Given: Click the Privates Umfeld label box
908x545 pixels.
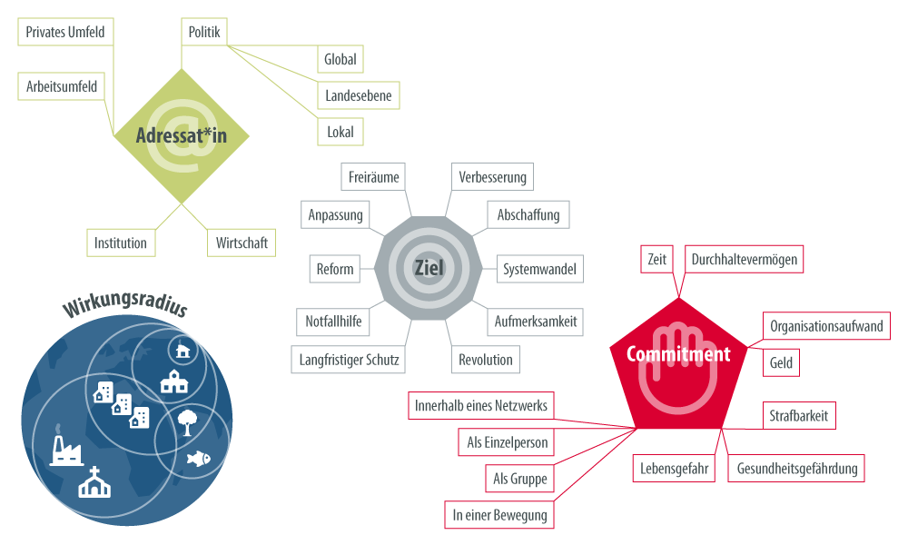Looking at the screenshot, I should (65, 33).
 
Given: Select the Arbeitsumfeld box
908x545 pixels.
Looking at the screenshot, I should (62, 86).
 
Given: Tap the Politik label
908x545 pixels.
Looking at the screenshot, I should (203, 33).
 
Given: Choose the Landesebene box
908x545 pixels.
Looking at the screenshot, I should (358, 95).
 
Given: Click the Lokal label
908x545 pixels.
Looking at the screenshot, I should (340, 132).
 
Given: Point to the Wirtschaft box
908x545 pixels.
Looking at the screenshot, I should (241, 243).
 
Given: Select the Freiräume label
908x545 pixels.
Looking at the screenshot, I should (373, 177).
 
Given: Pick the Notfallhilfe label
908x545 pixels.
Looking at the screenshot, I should (332, 322).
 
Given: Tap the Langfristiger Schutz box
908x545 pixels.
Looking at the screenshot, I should (349, 360).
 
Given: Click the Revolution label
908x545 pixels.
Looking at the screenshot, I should (486, 360).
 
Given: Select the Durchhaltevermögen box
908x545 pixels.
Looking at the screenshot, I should (744, 260).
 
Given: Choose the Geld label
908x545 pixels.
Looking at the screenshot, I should (781, 363).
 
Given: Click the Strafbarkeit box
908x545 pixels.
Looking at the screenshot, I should (798, 416).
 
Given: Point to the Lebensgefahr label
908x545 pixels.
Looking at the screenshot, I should (674, 469).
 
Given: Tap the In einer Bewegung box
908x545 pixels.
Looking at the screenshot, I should (499, 516).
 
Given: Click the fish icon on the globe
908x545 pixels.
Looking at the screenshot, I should (197, 459).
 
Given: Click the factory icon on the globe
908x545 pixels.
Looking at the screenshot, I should (67, 446).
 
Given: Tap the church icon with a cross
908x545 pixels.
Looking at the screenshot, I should (94, 482).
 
